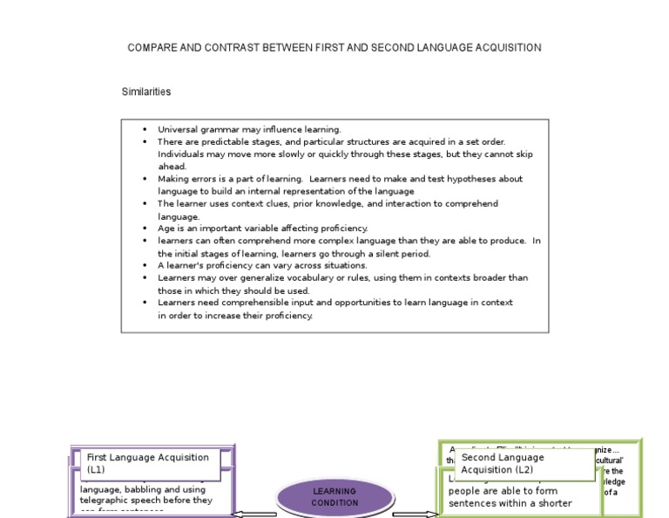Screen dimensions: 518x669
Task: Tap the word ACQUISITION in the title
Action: pos(503,48)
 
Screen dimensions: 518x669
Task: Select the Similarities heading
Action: pos(146,92)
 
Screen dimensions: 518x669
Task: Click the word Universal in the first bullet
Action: pos(179,129)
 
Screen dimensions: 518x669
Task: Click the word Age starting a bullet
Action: pos(166,228)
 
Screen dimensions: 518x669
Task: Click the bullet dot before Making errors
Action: pos(145,179)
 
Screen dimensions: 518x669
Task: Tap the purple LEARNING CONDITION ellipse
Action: pos(334,497)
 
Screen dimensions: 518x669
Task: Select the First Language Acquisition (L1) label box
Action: pos(147,463)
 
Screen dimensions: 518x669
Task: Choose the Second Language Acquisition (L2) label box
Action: pos(517,464)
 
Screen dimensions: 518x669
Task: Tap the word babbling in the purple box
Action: pos(137,489)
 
